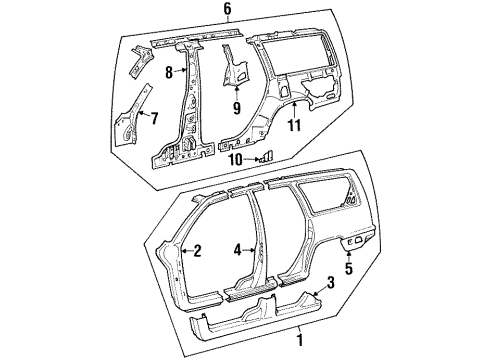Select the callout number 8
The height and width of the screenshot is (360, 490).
pos(170,72)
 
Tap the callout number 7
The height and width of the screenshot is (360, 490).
pos(153,118)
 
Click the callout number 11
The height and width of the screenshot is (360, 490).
pos(294,127)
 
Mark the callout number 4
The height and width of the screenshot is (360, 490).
pos(237,251)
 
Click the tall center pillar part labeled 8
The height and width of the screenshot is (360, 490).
pos(186,100)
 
